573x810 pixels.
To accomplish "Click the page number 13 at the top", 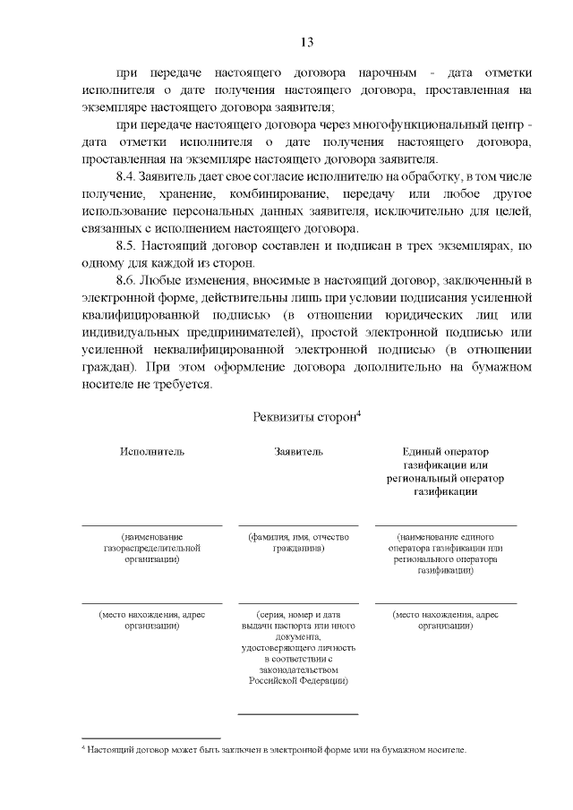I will coord(305,42).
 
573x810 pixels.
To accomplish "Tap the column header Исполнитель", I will coord(152,451).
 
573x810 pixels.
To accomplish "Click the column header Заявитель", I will coord(298,451).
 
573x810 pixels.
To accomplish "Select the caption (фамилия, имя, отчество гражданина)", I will coord(298,542).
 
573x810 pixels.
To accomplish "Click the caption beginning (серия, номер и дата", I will coord(298,647).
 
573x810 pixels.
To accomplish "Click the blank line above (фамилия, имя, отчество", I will coord(298,525).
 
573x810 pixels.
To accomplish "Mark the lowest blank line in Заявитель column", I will coord(298,714).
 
